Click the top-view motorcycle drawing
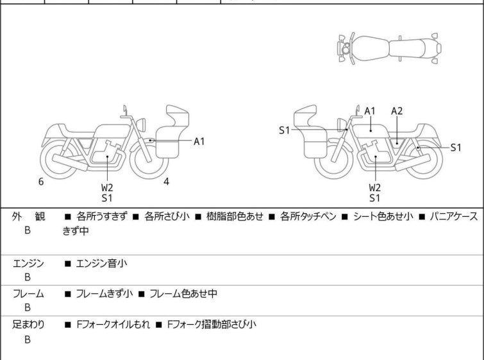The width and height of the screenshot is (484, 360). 388,48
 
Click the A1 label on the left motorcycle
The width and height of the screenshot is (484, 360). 199,141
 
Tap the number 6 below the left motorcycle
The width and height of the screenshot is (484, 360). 41,182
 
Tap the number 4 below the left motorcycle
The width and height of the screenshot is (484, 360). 167,182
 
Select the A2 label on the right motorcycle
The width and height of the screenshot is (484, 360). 397,111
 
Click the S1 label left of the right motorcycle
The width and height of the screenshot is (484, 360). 284,130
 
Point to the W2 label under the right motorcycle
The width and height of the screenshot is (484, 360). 375,188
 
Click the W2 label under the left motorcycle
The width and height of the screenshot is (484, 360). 107,188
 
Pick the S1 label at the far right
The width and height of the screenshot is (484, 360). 455,148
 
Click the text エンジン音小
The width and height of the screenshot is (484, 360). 104,264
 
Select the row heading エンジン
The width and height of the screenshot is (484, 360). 28,264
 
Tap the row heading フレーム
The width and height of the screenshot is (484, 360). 28,294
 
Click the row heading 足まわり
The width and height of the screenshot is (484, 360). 28,325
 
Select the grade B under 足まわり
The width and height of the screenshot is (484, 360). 28,339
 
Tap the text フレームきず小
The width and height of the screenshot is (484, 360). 104,294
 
